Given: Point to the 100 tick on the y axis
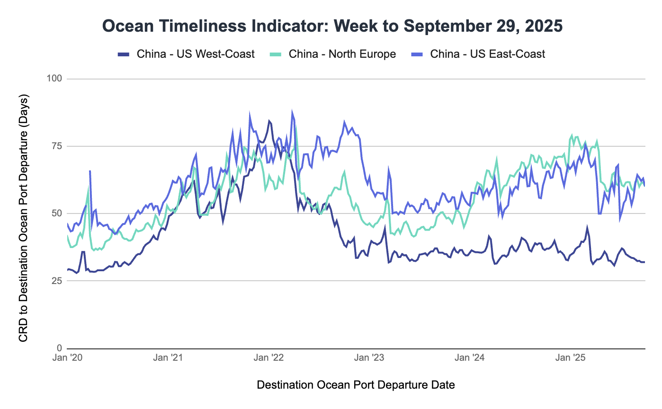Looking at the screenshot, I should pyautogui.click(x=55, y=79).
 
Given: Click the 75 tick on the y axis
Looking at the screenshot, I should pyautogui.click(x=57, y=146).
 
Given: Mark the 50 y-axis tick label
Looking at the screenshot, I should pyautogui.click(x=57, y=213).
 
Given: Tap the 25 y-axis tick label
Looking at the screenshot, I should pyautogui.click(x=57, y=281).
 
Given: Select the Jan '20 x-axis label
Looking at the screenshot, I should pyautogui.click(x=68, y=358).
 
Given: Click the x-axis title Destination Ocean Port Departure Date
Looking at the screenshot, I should pyautogui.click(x=356, y=385).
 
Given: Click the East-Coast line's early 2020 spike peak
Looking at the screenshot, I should pyautogui.click(x=89, y=171).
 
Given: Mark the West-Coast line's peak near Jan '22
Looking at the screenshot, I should pyautogui.click(x=269, y=121).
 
